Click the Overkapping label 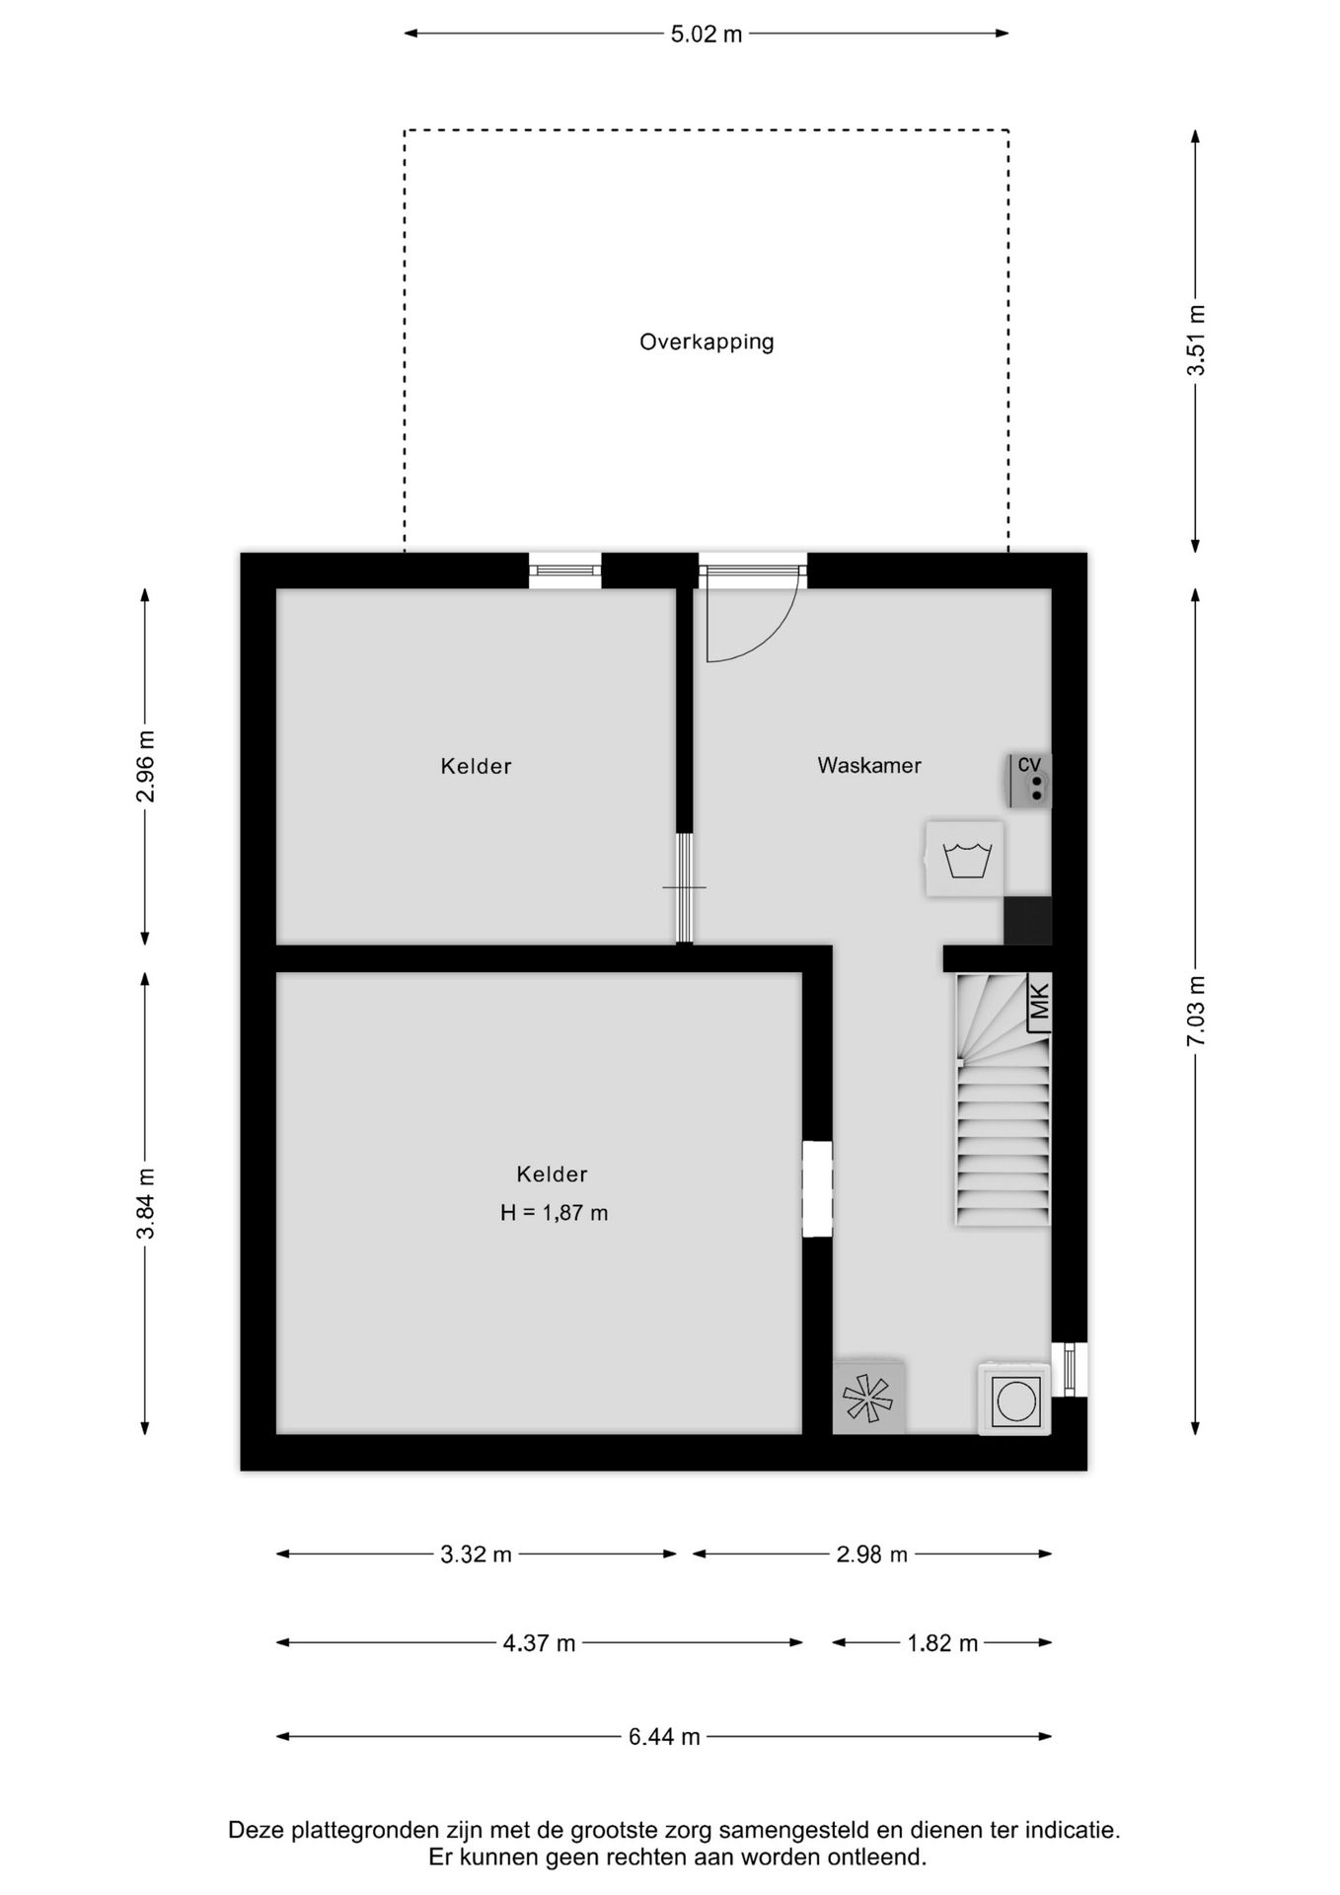(x=707, y=342)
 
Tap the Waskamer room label (x=869, y=765)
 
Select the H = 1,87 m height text (x=554, y=1213)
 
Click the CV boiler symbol (x=1029, y=781)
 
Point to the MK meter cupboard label (x=1038, y=1002)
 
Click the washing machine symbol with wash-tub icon (x=965, y=859)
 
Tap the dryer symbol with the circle (x=1013, y=1399)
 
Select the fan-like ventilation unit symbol (x=868, y=1398)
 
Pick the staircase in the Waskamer (x=1002, y=1099)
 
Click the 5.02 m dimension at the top (x=707, y=35)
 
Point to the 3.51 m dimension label (x=1196, y=341)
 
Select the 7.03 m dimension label (x=1196, y=1012)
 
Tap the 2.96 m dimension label (x=145, y=766)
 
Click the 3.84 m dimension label (x=145, y=1203)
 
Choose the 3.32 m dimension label (x=476, y=1554)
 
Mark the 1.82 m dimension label (x=942, y=1643)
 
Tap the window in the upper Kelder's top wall (x=565, y=570)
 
